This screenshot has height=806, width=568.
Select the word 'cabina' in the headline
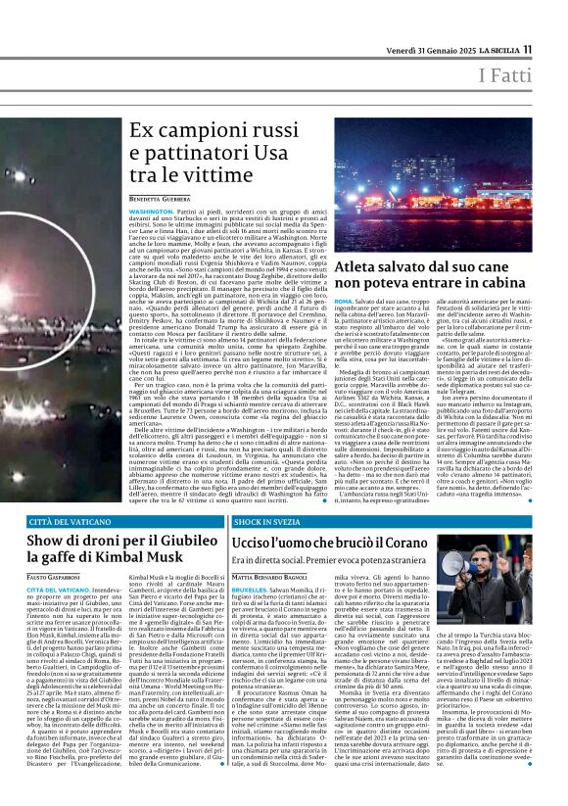[523, 258]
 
